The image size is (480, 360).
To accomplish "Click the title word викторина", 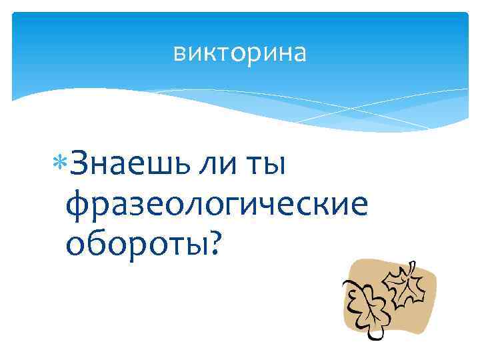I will click(240, 53).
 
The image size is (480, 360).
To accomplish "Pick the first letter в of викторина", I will click(179, 53).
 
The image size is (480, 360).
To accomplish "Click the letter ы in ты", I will click(274, 165).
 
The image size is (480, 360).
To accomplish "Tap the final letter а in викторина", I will click(300, 53).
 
